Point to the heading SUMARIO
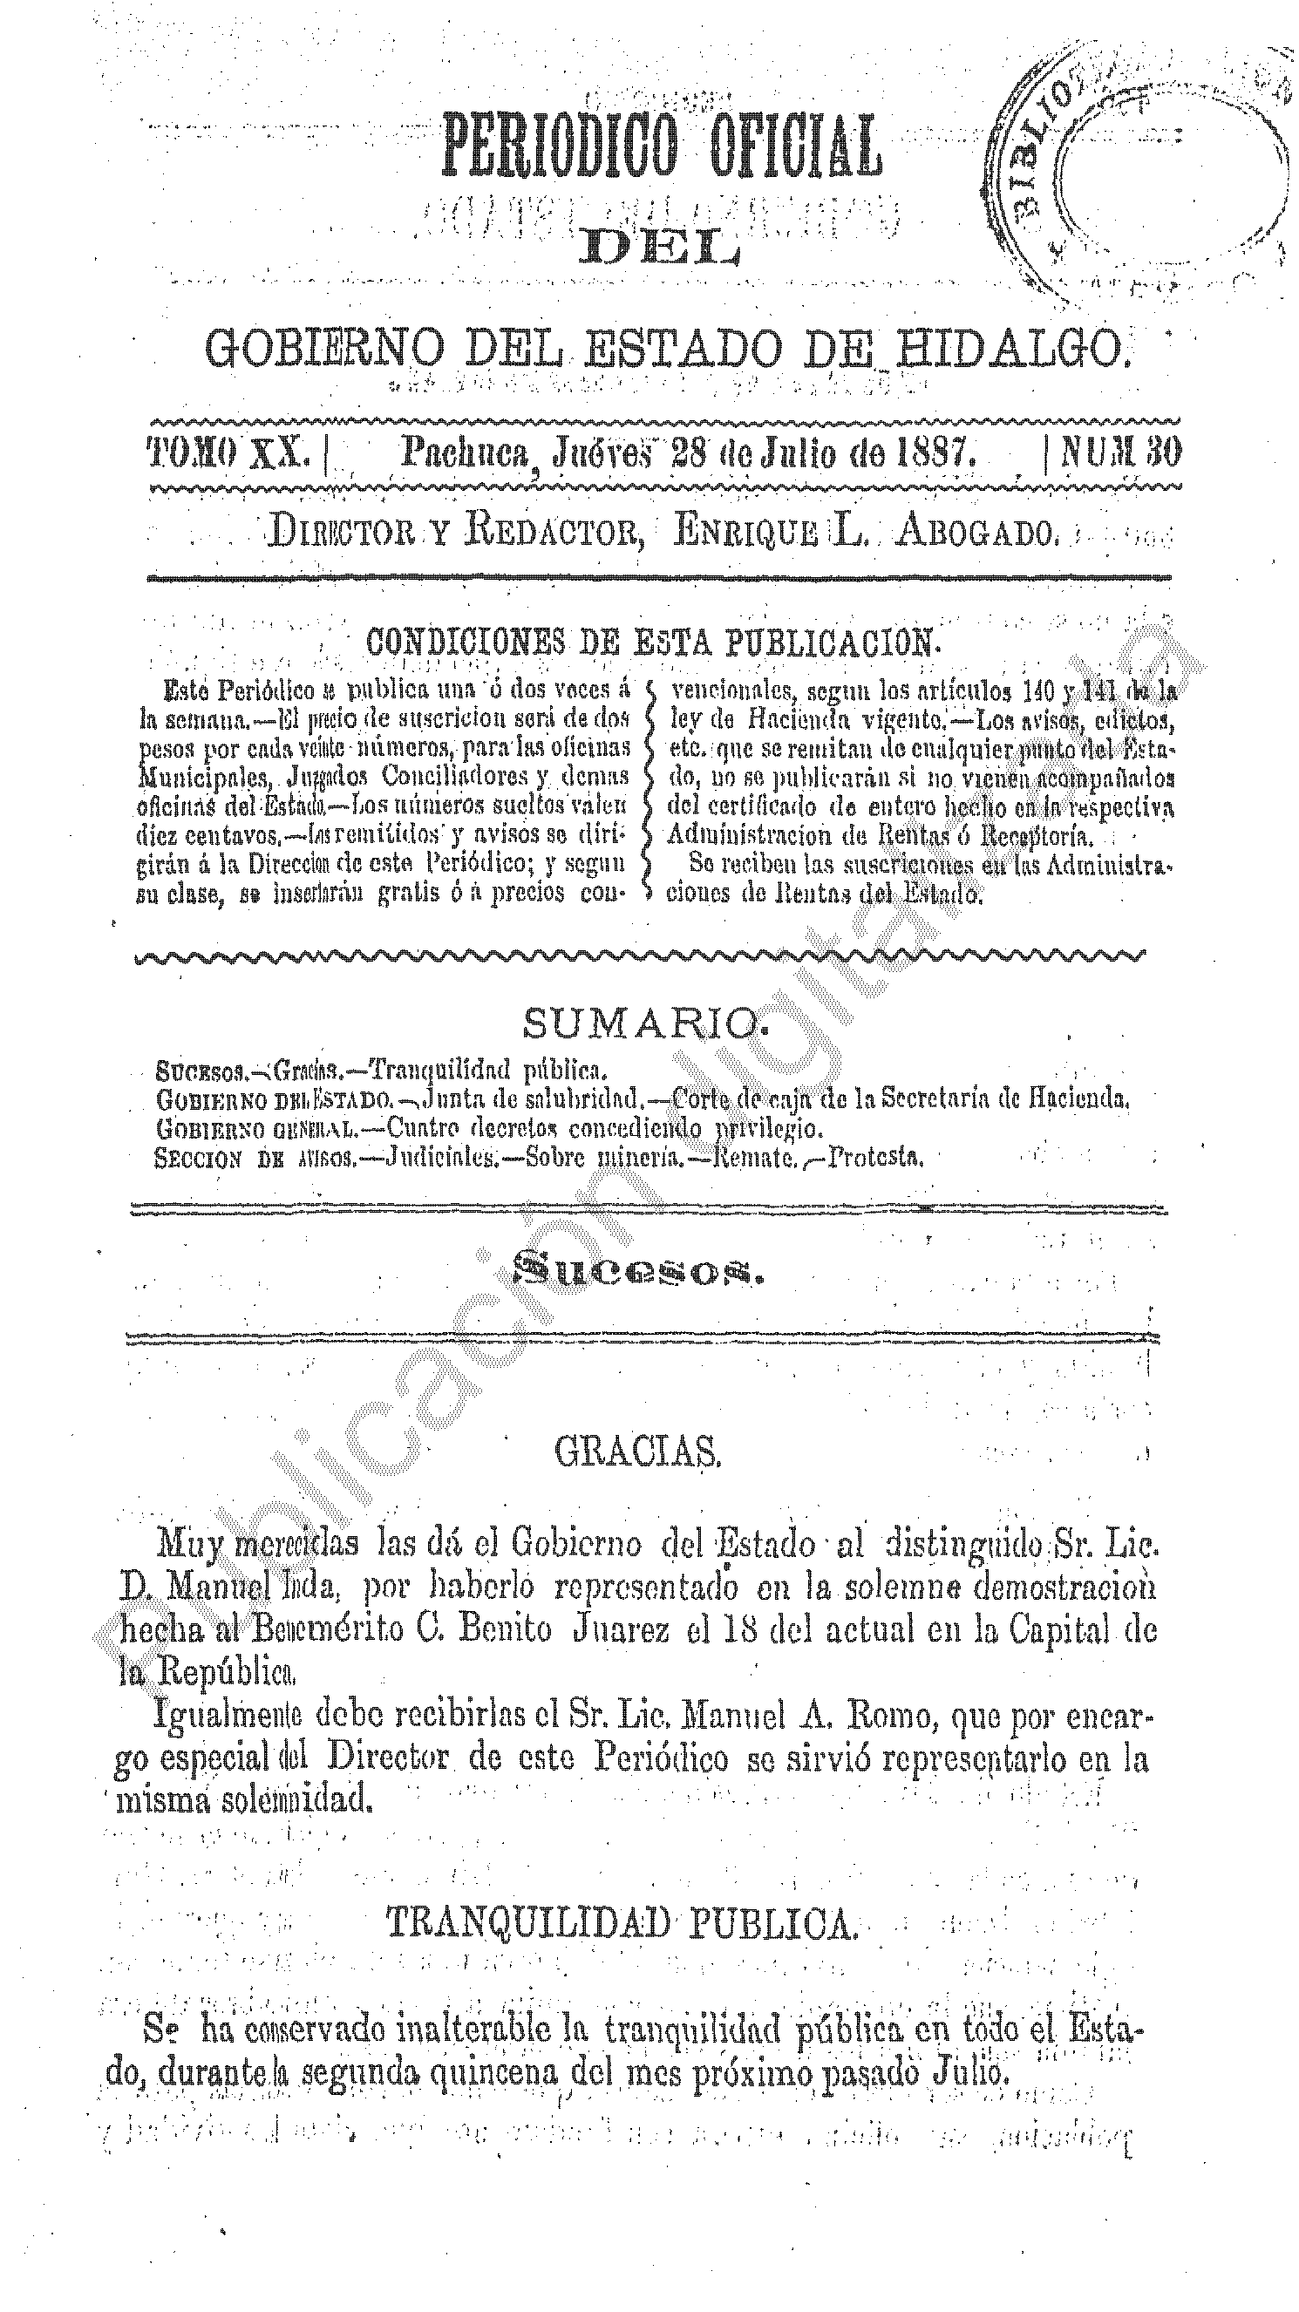644,1023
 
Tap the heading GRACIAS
637,1452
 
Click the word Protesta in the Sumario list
876,1157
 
